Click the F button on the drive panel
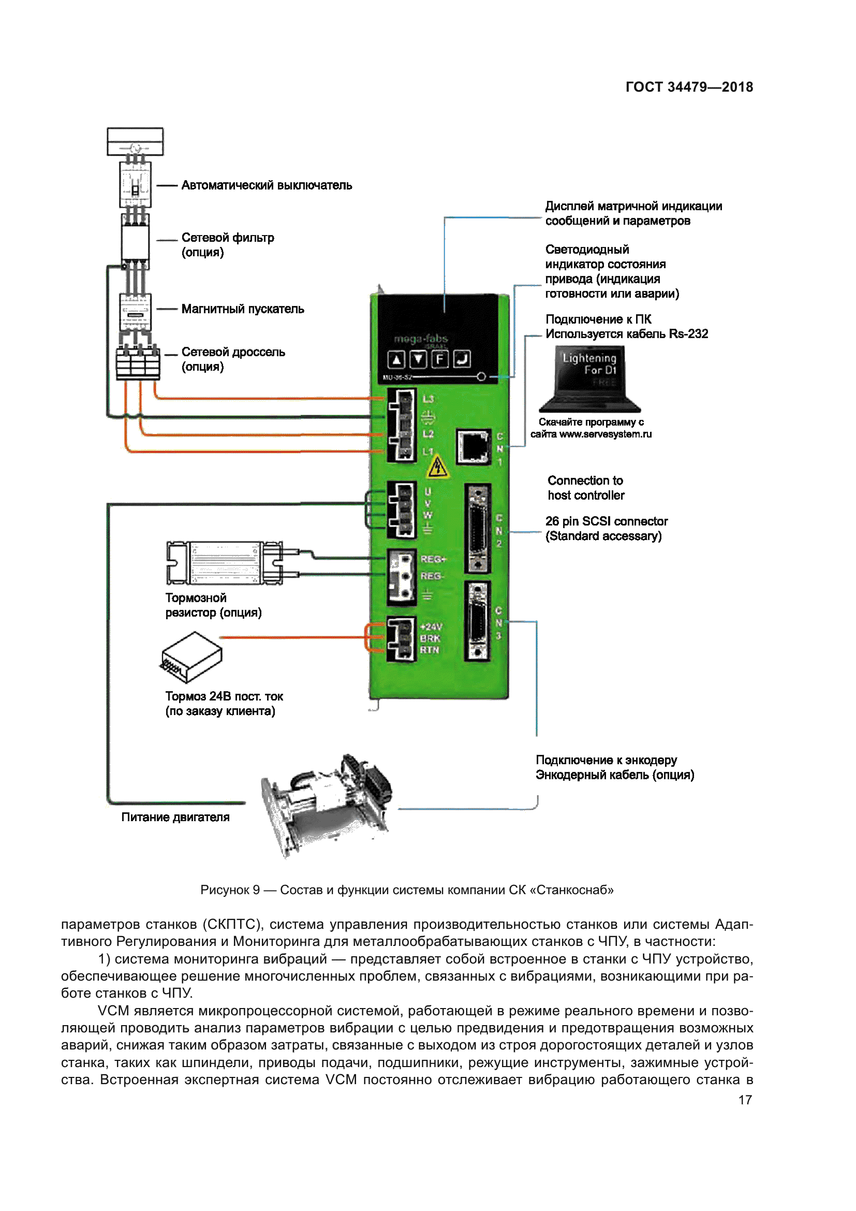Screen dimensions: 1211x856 pyautogui.click(x=440, y=360)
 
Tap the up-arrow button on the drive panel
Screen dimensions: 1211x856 pyautogui.click(x=396, y=360)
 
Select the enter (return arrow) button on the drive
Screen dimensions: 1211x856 pyautogui.click(x=462, y=360)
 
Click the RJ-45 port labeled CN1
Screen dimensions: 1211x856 pyautogui.click(x=474, y=446)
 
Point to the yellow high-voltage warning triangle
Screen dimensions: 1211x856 pyautogui.click(x=437, y=468)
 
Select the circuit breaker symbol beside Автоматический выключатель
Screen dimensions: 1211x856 pyautogui.click(x=136, y=185)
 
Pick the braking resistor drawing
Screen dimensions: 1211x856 pyautogui.click(x=225, y=563)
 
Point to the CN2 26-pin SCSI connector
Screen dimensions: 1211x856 pyautogui.click(x=478, y=528)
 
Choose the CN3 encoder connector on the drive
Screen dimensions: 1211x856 pyautogui.click(x=478, y=621)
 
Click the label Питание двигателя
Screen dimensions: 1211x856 pyautogui.click(x=175, y=817)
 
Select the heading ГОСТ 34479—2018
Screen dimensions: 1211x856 pyautogui.click(x=689, y=87)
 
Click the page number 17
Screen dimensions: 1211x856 pyautogui.click(x=745, y=1100)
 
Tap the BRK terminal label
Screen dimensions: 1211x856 pyautogui.click(x=430, y=638)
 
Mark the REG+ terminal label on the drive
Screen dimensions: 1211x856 pyautogui.click(x=433, y=559)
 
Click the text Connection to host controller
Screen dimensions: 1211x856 pyautogui.click(x=586, y=488)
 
